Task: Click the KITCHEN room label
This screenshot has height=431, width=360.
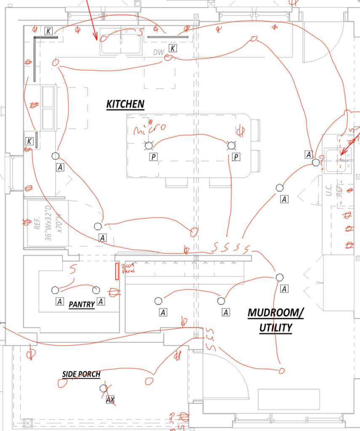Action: pos(125,104)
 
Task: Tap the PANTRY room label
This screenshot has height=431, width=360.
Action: pos(82,304)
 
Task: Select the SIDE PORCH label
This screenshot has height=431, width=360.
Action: pos(81,374)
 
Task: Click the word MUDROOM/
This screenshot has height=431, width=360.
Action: pos(275,313)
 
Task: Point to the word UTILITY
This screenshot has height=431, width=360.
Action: pos(276,327)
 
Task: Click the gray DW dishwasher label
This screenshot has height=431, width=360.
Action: pos(158,52)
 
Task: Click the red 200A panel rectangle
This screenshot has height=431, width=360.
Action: pos(117,271)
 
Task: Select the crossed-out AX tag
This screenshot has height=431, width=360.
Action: pos(110,399)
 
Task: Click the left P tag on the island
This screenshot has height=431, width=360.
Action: pos(154,157)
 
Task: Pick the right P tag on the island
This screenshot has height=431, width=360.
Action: pos(236,157)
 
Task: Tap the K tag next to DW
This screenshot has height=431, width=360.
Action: pos(173,48)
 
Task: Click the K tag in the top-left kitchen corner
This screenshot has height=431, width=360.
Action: pos(49,31)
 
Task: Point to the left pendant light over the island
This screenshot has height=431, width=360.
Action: pos(148,146)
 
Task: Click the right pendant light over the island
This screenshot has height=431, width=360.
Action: pos(231,146)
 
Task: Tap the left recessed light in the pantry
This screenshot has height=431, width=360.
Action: pos(55,290)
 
